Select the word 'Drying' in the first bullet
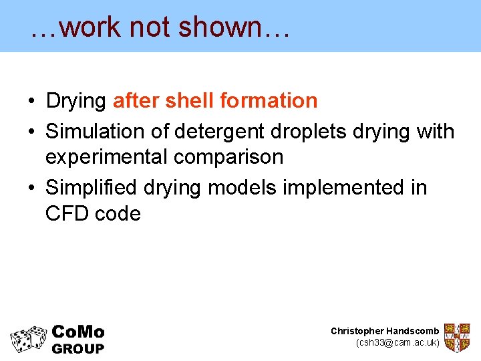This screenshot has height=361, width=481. [75, 102]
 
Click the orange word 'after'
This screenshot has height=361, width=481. [136, 101]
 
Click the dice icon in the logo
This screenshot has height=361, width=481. [28, 339]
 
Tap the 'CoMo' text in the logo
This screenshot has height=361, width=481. [78, 332]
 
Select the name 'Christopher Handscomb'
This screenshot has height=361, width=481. [385, 331]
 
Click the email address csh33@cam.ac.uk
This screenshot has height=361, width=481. [397, 343]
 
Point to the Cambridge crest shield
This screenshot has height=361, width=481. [457, 338]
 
